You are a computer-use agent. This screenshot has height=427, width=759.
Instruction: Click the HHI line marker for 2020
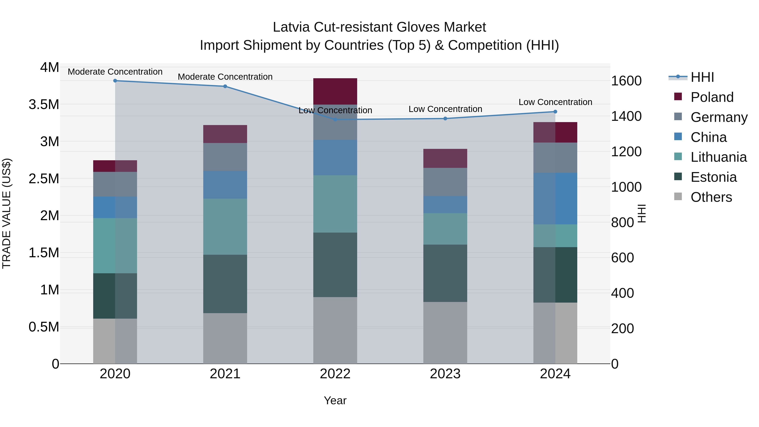pyautogui.click(x=115, y=81)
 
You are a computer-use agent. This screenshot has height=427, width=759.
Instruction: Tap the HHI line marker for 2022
pyautogui.click(x=335, y=119)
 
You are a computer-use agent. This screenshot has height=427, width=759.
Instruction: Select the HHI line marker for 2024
pyautogui.click(x=555, y=112)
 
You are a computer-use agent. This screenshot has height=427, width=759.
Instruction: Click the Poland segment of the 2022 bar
pyautogui.click(x=335, y=91)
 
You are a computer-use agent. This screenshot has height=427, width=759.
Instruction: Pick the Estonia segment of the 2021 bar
pyautogui.click(x=225, y=284)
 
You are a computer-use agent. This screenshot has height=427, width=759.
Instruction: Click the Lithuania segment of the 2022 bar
pyautogui.click(x=335, y=204)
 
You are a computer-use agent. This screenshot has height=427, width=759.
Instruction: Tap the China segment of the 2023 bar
pyautogui.click(x=445, y=205)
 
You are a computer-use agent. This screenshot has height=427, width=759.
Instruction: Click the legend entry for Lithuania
pyautogui.click(x=718, y=157)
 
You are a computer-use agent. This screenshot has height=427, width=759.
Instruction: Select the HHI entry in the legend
pyautogui.click(x=702, y=77)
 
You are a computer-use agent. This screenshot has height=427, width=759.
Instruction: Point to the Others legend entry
pyautogui.click(x=711, y=197)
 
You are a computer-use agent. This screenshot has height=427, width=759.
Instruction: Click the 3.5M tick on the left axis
pyautogui.click(x=44, y=105)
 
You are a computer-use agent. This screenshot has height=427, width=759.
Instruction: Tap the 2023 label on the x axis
pyautogui.click(x=445, y=374)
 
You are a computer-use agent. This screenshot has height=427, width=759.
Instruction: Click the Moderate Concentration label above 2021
pyautogui.click(x=225, y=77)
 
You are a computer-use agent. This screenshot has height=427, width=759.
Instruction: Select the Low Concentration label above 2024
pyautogui.click(x=555, y=102)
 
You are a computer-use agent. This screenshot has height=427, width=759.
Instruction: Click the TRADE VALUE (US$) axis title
pyautogui.click(x=7, y=213)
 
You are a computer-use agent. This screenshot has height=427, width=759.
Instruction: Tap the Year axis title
pyautogui.click(x=335, y=400)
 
